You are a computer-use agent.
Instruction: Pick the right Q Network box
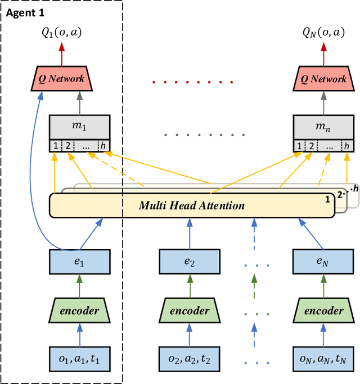pos(324,79)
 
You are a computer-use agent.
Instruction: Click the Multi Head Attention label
pos(192,205)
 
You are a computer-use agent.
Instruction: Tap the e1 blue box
pos(80,262)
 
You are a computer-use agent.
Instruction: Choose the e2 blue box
pos(186,262)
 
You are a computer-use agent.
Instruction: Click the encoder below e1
pos(80,310)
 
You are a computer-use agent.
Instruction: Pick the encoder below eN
pos(325,310)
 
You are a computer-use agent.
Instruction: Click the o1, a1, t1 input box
pos(80,359)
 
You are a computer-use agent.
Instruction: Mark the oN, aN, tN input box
pos(325,359)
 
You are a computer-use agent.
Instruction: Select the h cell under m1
pos(103,146)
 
